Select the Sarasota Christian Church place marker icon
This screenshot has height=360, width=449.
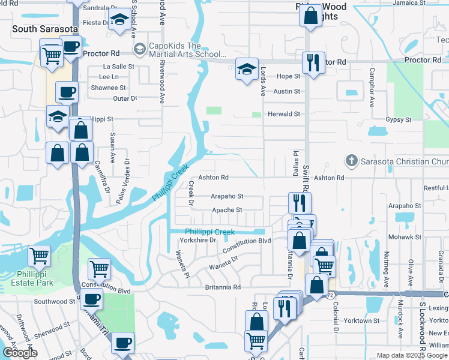tap(351, 161)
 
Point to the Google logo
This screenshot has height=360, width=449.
tap(19, 353)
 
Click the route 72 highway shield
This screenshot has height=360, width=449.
tap(331, 296)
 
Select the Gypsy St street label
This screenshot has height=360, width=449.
tap(398, 120)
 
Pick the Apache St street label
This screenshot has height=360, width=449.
tap(226, 210)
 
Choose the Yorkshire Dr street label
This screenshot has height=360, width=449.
tap(197, 240)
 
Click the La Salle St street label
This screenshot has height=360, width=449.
tap(118, 67)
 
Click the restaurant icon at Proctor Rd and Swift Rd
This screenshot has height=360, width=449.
tap(312, 62)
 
